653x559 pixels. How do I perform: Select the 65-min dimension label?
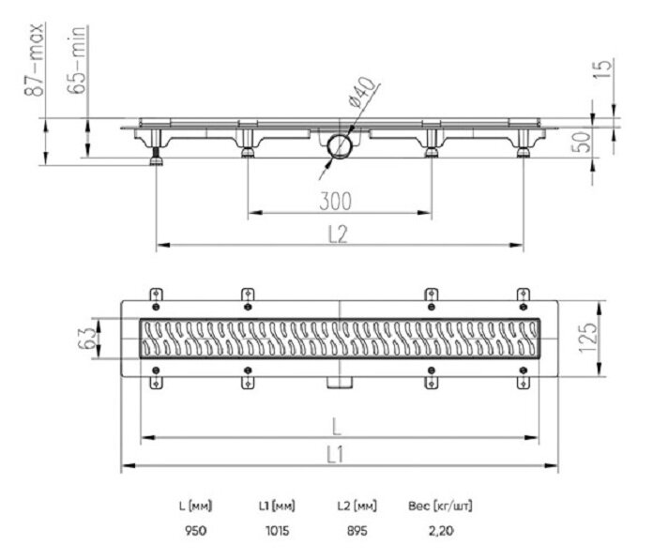78,59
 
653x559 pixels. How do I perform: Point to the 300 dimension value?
336,201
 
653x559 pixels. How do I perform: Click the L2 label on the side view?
338,234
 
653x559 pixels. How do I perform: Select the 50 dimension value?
582,142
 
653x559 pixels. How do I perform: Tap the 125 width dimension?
587,338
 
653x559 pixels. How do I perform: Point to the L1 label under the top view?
335,455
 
